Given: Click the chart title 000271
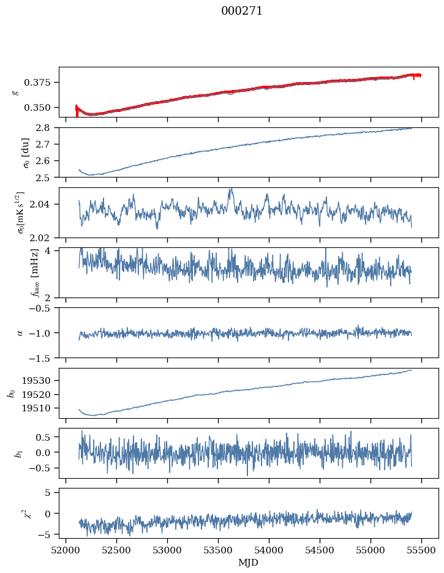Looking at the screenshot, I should (x=242, y=11).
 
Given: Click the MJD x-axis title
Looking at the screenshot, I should (x=249, y=563).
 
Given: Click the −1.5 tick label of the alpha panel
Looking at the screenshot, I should (x=42, y=358).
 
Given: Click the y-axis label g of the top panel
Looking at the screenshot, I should (x=16, y=92).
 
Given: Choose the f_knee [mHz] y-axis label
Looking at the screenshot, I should (x=16, y=272).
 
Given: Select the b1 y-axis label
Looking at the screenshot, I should (x=18, y=453).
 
